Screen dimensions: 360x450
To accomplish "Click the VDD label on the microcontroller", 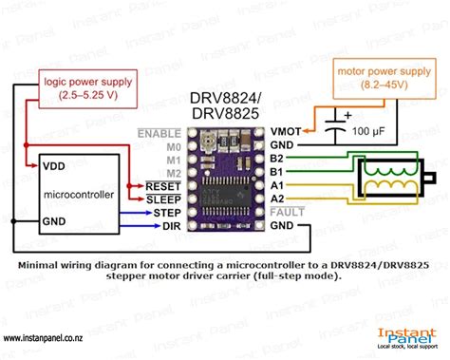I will point(55,165).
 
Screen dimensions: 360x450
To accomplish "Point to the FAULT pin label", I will point(286,212).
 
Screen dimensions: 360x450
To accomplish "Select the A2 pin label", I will point(277,199).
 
